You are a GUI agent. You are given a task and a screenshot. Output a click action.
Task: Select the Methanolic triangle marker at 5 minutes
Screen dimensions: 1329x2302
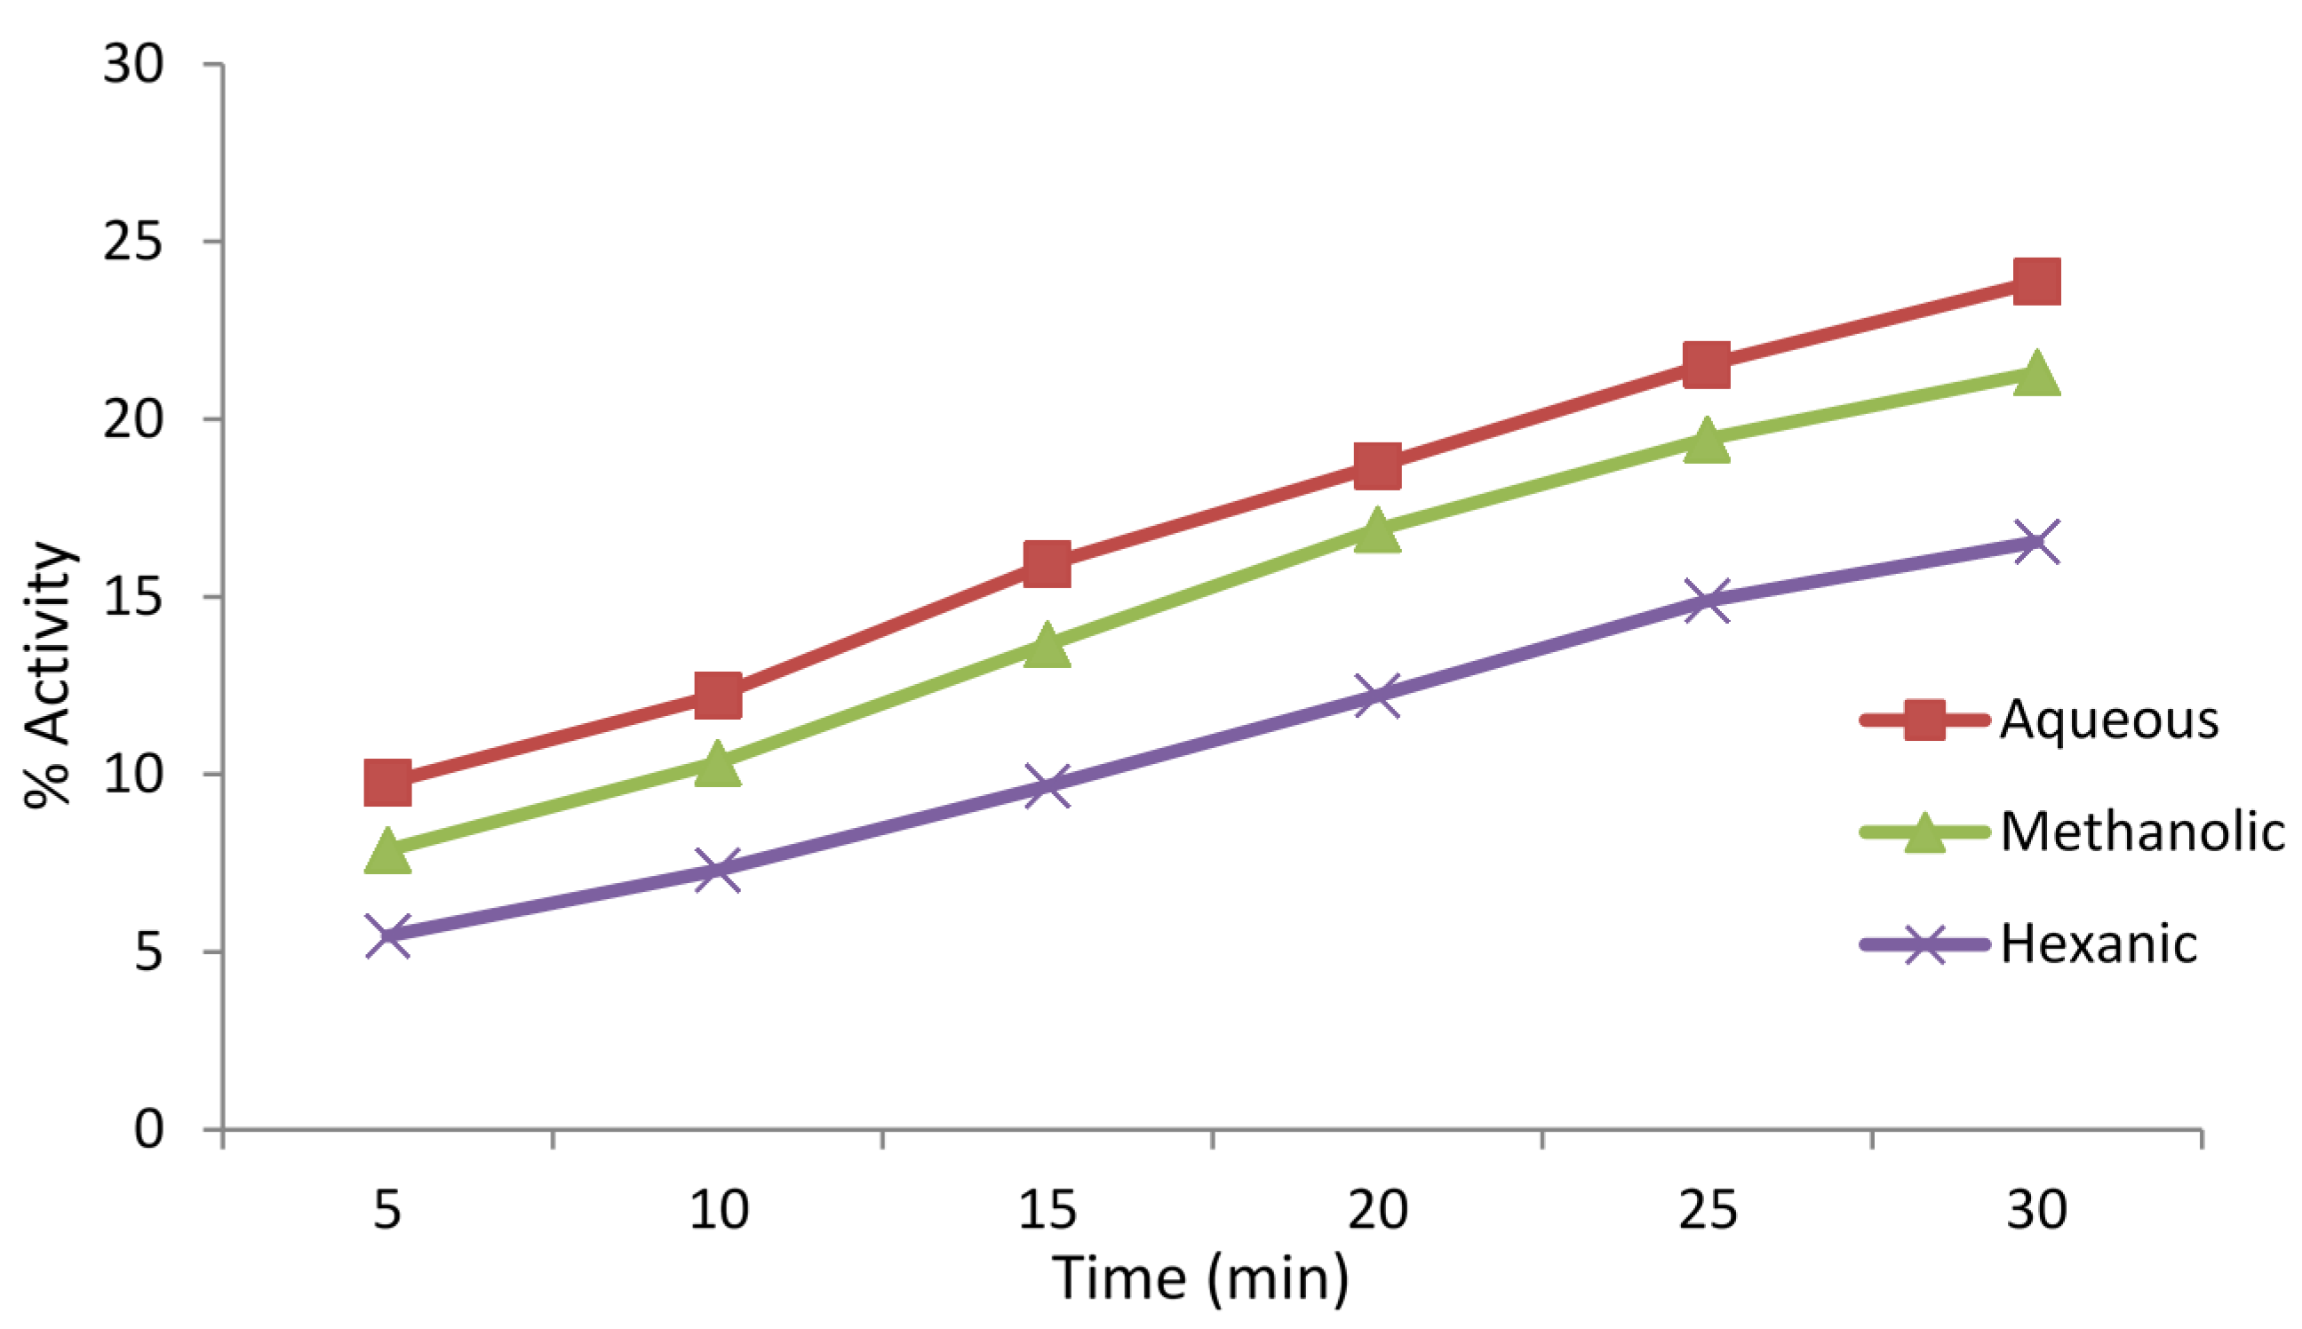tap(387, 852)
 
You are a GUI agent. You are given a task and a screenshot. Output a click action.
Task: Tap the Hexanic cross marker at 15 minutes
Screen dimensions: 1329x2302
tap(1047, 787)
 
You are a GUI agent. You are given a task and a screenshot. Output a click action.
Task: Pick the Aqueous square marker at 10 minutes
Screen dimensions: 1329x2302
tap(718, 696)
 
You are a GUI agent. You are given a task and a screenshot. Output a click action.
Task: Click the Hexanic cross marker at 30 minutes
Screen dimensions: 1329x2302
tap(2036, 542)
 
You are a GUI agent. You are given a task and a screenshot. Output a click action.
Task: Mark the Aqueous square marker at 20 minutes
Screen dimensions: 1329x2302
tap(1377, 466)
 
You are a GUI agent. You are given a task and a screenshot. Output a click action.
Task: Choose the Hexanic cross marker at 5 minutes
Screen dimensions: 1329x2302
tap(387, 936)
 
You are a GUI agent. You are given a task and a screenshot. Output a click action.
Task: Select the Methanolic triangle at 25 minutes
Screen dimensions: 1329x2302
tap(1707, 442)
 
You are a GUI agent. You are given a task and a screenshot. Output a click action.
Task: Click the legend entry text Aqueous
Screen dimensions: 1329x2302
tap(2109, 720)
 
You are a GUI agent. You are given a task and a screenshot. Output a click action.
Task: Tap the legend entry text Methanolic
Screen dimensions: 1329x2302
tap(2142, 832)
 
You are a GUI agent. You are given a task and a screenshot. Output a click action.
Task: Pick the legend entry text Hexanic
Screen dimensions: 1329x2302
tap(2099, 943)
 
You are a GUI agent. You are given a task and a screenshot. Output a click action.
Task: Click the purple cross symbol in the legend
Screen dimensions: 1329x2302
tap(1924, 943)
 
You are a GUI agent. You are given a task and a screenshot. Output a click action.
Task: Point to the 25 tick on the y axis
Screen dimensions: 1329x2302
tap(133, 242)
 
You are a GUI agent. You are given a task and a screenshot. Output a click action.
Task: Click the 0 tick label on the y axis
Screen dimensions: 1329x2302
tap(148, 1130)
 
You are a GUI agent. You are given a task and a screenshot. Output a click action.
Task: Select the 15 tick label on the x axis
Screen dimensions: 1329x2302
tap(1047, 1209)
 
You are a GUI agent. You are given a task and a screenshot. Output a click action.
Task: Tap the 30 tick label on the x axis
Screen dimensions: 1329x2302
tap(2036, 1209)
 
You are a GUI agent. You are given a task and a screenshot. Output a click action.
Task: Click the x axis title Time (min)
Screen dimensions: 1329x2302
tap(1199, 1278)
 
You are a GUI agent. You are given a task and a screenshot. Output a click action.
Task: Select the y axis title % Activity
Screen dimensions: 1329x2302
tap(47, 675)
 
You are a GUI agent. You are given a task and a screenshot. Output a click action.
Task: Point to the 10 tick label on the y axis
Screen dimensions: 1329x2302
tap(133, 775)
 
